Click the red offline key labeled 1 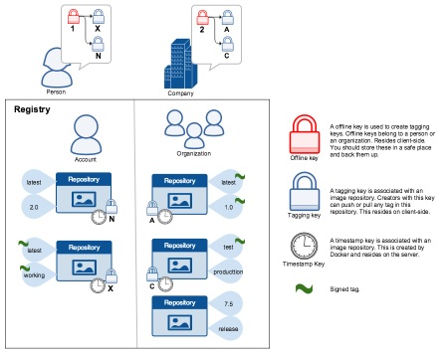tap(72, 17)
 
